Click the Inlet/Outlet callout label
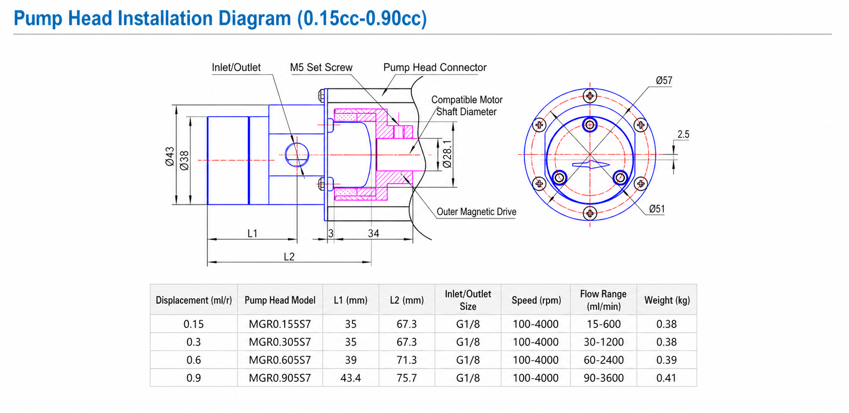click(x=236, y=67)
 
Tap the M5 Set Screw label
click(x=321, y=67)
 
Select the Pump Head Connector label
click(x=435, y=67)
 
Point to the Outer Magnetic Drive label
click(x=476, y=212)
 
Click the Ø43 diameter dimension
click(x=170, y=156)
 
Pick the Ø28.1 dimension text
click(x=447, y=154)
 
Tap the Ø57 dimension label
click(x=664, y=81)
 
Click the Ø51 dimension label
click(x=657, y=209)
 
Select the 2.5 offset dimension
click(x=683, y=135)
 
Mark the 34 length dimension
click(x=374, y=233)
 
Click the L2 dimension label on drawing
click(x=289, y=257)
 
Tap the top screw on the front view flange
click(x=590, y=96)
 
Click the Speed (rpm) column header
click(x=536, y=300)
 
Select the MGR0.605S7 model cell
click(x=280, y=360)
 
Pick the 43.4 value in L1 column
click(x=351, y=378)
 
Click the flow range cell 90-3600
click(x=603, y=378)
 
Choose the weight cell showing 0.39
click(x=667, y=360)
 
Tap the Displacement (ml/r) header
click(x=194, y=300)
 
